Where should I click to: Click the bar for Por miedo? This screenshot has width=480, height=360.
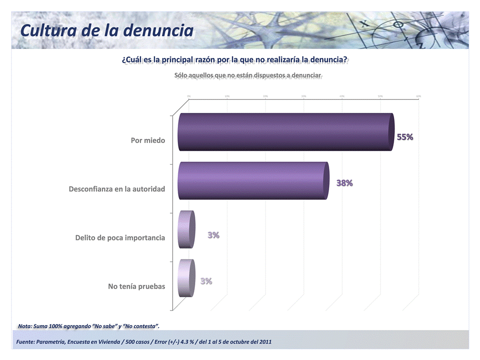285,132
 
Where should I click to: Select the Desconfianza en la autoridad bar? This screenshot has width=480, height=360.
252,181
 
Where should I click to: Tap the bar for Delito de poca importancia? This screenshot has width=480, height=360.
186,229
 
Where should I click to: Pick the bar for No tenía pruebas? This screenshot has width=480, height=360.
185,278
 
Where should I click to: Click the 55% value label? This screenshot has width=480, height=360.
405,137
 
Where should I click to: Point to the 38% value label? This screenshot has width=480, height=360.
344,183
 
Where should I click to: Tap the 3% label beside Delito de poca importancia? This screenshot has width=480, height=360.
213,235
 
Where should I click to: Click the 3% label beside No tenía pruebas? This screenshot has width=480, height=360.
206,282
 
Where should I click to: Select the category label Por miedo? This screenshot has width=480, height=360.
148,141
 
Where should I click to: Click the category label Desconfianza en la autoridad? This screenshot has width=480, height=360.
117,189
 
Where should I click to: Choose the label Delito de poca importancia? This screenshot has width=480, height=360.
120,238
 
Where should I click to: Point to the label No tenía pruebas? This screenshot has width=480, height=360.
136,286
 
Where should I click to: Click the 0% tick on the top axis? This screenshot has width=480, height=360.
189,96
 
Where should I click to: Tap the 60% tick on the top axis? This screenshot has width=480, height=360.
418,96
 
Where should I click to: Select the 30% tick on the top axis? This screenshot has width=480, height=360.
304,96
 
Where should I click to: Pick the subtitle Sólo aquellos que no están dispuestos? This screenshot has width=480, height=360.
248,76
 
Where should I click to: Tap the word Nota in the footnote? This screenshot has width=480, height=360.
25,326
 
